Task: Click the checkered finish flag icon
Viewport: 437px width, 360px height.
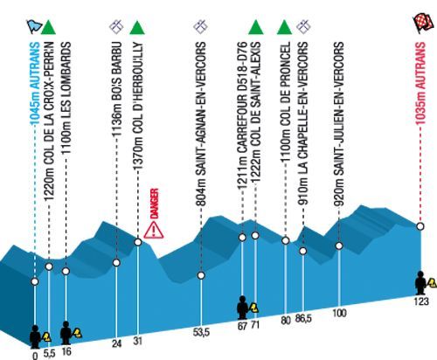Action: [x=423, y=24]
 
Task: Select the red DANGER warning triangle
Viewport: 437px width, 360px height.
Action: [x=154, y=230]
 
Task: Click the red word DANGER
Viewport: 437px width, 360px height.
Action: [x=154, y=204]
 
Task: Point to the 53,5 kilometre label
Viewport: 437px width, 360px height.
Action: [x=201, y=332]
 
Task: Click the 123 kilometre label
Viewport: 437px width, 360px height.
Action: [x=421, y=301]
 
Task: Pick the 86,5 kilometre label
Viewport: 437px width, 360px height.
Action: [x=303, y=318]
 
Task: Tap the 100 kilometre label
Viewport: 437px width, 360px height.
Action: [x=339, y=313]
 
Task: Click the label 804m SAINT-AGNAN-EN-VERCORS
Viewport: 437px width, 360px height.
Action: [x=201, y=124]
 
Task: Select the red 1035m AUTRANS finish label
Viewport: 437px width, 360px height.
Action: [x=420, y=84]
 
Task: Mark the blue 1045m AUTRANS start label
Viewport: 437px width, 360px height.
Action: [x=35, y=84]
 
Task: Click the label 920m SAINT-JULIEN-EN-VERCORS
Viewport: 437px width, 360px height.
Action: [x=339, y=124]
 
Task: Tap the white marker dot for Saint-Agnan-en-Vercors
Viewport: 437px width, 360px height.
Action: [x=201, y=275]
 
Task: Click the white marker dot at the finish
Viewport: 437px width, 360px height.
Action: [x=420, y=226]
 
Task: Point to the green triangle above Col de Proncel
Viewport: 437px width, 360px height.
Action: [x=284, y=27]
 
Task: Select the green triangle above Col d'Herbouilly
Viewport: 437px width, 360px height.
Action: [x=137, y=27]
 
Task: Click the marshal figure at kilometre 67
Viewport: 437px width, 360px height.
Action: [x=242, y=308]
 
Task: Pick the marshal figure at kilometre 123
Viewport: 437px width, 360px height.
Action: [x=420, y=283]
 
